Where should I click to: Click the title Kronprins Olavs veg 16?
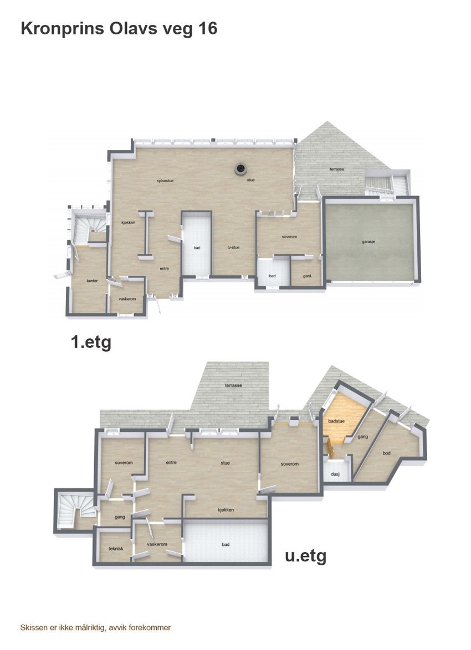click(119, 29)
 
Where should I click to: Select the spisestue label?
click(166, 180)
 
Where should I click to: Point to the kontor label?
click(93, 281)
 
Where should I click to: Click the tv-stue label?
click(233, 247)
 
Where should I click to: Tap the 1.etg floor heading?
click(91, 342)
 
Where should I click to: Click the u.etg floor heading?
click(305, 555)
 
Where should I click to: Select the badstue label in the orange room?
click(336, 421)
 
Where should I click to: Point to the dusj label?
click(335, 474)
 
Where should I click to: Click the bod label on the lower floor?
click(386, 453)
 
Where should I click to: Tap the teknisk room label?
click(116, 549)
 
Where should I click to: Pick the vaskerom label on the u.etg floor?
click(157, 544)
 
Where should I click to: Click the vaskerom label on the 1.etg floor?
click(127, 299)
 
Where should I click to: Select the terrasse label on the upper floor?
click(337, 169)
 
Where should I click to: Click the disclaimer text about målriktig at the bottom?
click(95, 627)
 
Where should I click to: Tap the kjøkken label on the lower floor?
click(226, 509)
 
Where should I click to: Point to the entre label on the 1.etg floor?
click(164, 269)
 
